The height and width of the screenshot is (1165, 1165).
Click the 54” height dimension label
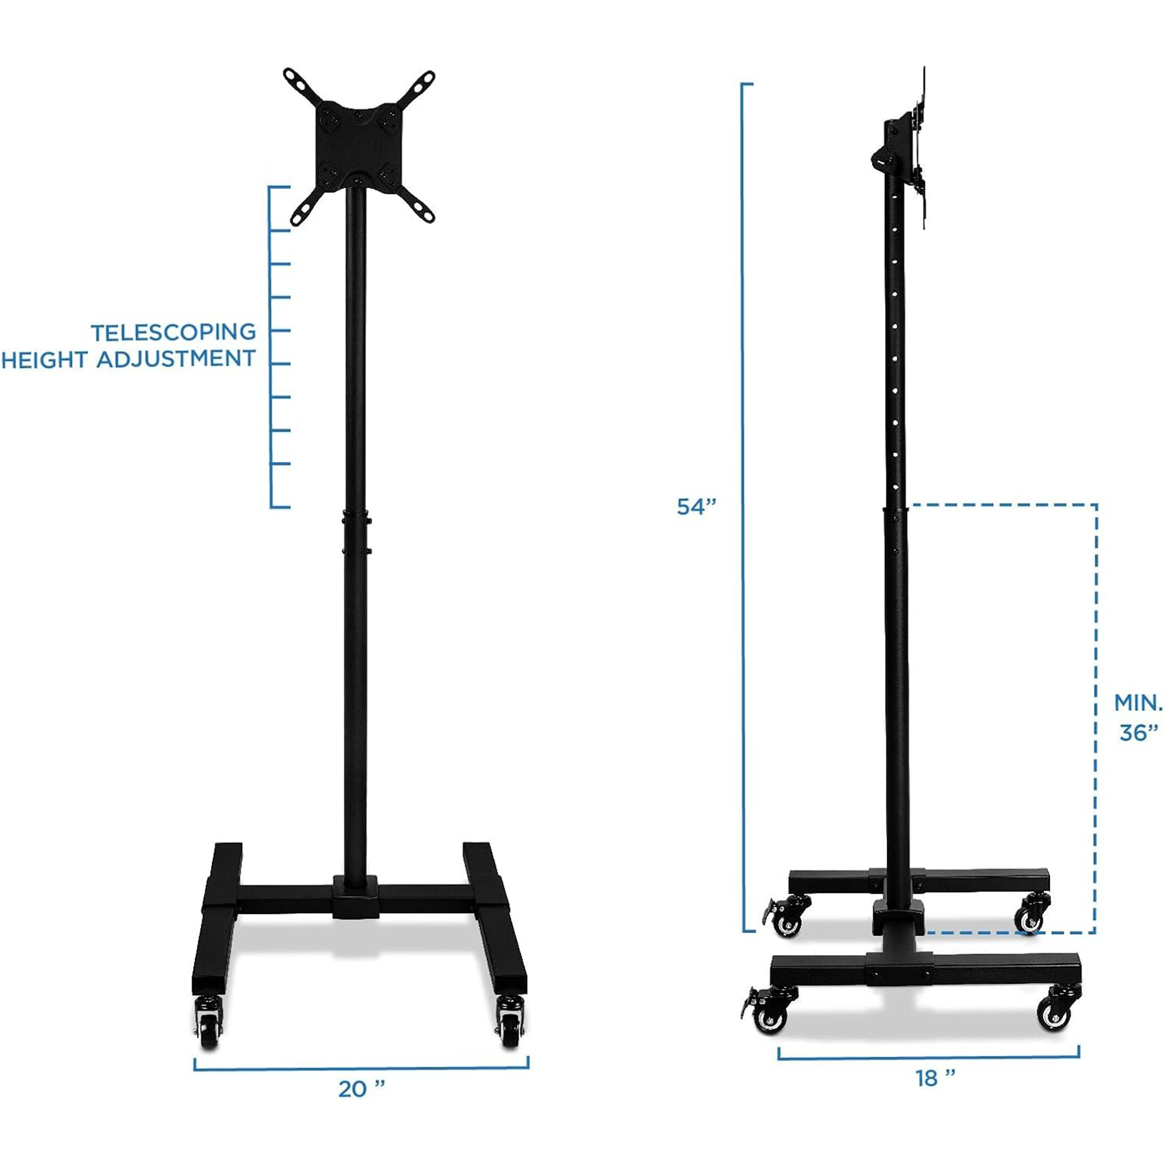697,507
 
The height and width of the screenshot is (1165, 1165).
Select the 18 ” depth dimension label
935,1078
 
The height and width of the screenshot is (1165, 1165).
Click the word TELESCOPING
174,332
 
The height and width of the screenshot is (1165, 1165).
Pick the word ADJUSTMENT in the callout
176,359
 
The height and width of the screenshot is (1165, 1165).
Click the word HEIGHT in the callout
45,360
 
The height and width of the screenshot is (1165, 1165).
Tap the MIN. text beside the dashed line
1137,702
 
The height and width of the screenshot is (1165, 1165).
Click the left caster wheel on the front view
209,1026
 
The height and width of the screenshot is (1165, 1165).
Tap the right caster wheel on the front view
510,1026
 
